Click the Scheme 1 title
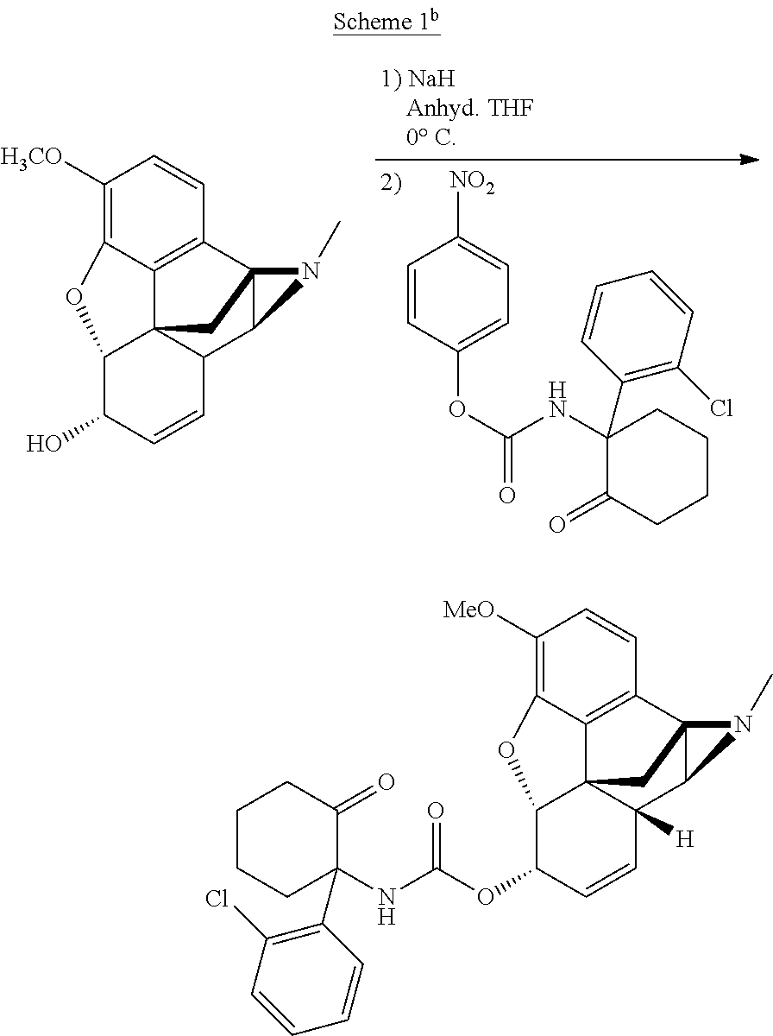(x=386, y=22)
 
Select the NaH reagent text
(x=431, y=79)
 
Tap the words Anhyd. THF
(x=470, y=109)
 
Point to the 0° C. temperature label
(x=431, y=137)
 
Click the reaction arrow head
(x=749, y=160)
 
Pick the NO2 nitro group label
(x=472, y=184)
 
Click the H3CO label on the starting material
(x=31, y=157)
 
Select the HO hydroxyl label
(x=44, y=444)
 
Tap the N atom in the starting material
(x=311, y=271)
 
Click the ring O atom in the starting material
(x=73, y=299)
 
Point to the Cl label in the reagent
(x=721, y=408)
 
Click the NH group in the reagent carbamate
(x=557, y=401)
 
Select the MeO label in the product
(x=468, y=610)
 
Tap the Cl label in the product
(x=217, y=899)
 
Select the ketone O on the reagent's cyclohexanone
(x=557, y=524)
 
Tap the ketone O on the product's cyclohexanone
(x=386, y=781)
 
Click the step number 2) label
(x=391, y=184)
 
